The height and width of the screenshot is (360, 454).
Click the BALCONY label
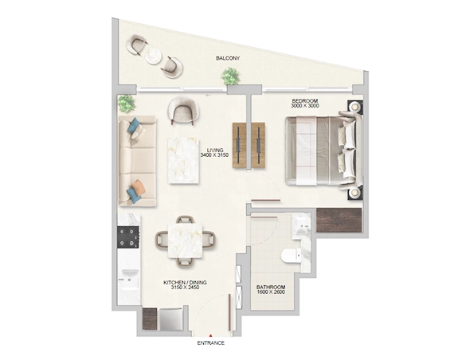228,58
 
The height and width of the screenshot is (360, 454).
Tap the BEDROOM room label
305,101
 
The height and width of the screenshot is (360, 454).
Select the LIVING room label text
215,150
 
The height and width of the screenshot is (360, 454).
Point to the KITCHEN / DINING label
185,283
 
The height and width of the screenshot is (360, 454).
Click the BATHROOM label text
271,287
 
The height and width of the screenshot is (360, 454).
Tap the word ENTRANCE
211,343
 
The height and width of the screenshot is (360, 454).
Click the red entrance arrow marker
211,335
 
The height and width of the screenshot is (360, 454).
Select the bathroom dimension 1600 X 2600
271,292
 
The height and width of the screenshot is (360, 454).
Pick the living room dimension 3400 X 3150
214,155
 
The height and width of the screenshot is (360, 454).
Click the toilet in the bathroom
292,256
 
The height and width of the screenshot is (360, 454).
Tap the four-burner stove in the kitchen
128,237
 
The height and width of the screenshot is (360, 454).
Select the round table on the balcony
153,56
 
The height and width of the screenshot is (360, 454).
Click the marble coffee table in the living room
183,161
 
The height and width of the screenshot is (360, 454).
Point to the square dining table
185,241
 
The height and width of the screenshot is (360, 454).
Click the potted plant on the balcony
230,76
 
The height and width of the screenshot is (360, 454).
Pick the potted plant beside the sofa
127,104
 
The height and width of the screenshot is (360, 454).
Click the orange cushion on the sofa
139,187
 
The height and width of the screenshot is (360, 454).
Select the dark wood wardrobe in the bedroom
339,220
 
